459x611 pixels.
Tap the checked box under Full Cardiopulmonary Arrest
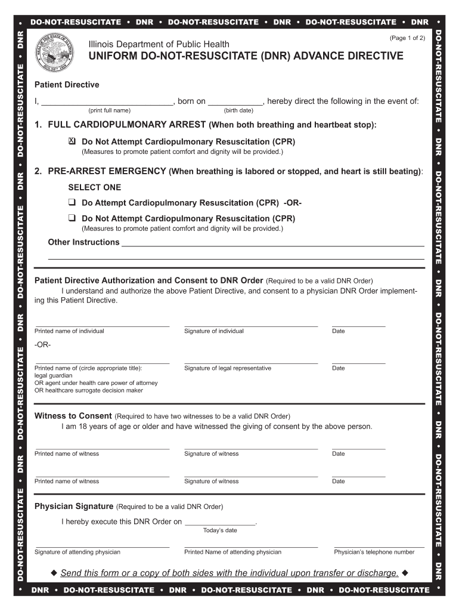[x=72, y=141]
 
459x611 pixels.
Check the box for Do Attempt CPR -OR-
[x=72, y=203]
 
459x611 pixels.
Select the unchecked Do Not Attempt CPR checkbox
[x=72, y=218]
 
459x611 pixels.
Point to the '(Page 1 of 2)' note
[x=407, y=38]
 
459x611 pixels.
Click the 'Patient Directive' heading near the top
[x=67, y=85]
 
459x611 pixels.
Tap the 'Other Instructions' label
[x=83, y=242]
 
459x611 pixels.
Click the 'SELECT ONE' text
[x=94, y=187]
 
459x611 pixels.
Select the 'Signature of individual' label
[x=214, y=331]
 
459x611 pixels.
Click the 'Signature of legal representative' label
[x=228, y=368]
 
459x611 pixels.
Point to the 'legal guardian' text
[x=54, y=375]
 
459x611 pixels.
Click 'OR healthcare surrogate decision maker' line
[x=89, y=390]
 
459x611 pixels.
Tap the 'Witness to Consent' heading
[x=73, y=416]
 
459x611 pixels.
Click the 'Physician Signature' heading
[x=74, y=507]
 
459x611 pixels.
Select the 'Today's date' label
[x=220, y=530]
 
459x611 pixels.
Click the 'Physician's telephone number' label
[x=374, y=552]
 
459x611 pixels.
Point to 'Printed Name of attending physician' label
[x=232, y=552]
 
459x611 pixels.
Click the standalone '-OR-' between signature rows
[x=43, y=345]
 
